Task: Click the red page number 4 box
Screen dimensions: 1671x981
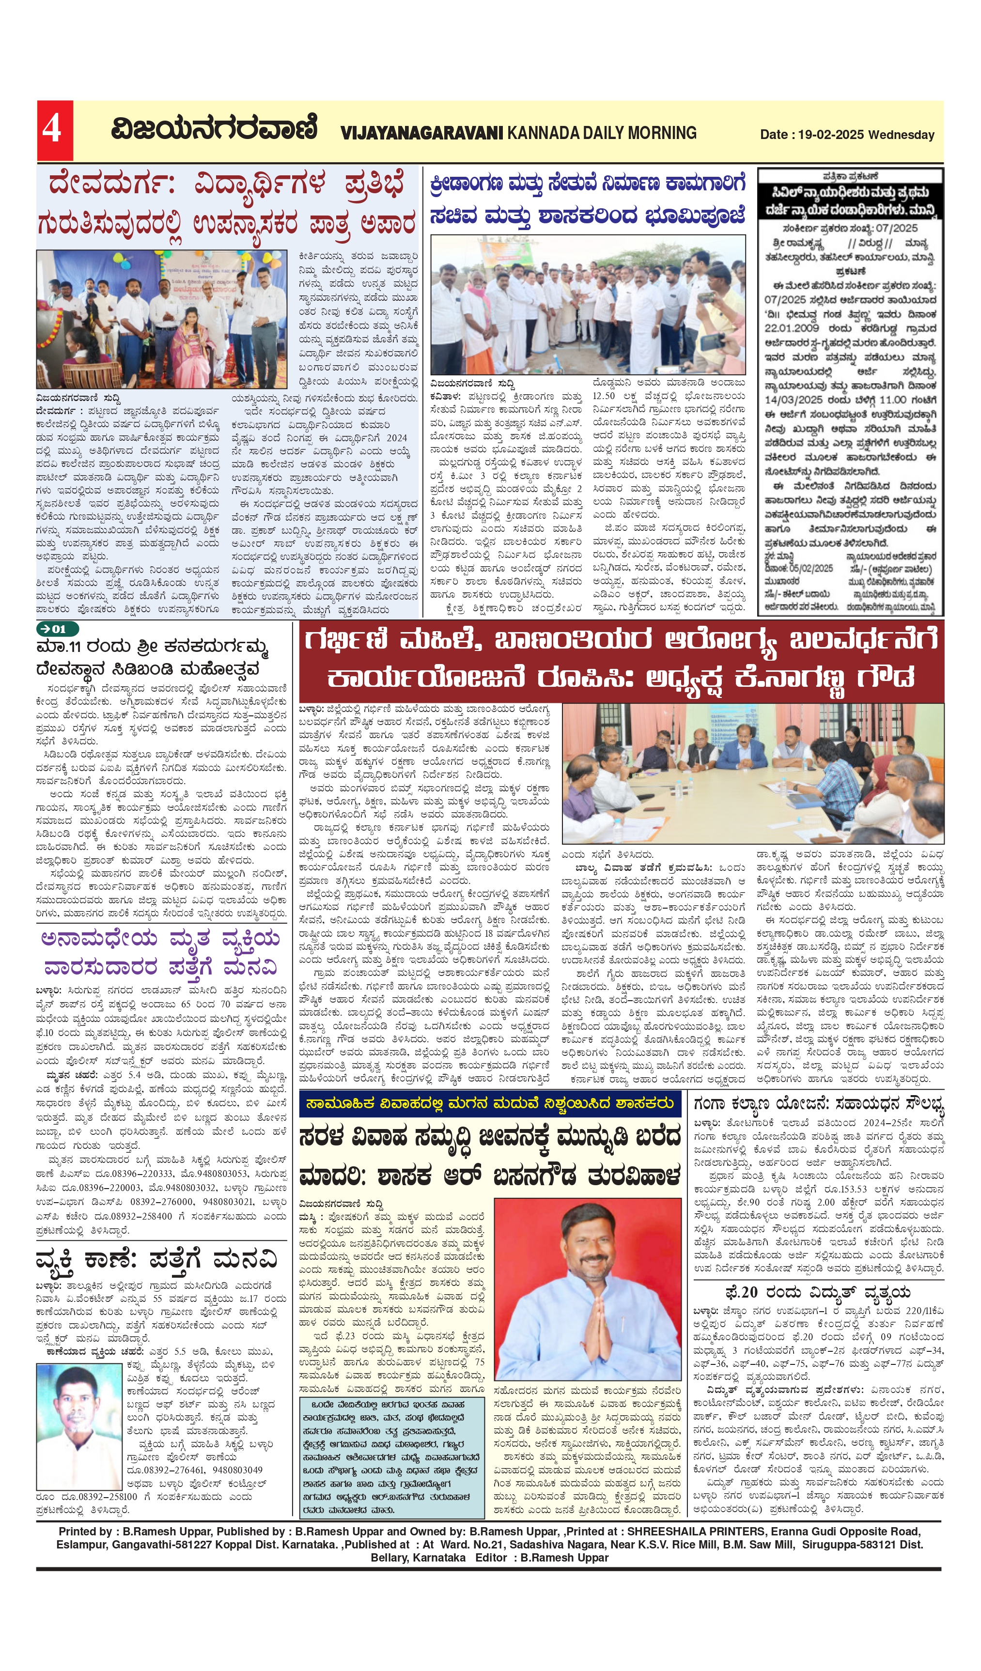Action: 54,130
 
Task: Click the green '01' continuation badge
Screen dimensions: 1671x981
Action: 58,629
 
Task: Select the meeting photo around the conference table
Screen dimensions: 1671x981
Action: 752,773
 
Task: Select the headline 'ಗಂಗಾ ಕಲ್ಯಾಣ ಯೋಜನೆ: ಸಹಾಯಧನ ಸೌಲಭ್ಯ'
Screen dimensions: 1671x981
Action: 819,1104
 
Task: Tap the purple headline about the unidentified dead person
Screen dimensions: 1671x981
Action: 160,953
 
